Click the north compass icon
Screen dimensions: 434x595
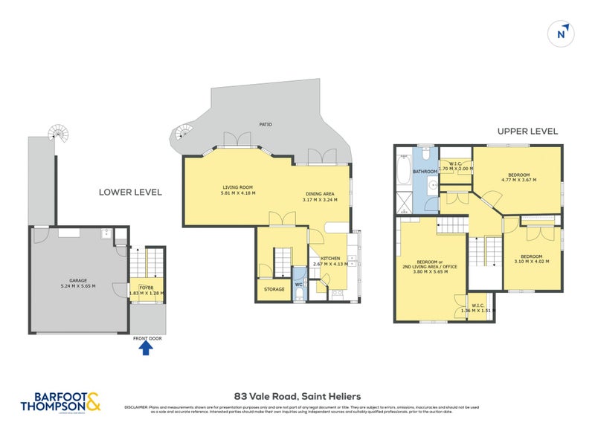click(x=562, y=32)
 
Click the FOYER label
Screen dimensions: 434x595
click(x=146, y=285)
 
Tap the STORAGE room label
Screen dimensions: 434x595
click(x=274, y=289)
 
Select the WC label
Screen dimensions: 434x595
click(x=298, y=283)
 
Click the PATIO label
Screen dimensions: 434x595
click(x=264, y=124)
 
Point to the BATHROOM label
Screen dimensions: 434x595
click(x=425, y=172)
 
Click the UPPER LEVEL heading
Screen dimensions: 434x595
click(x=527, y=132)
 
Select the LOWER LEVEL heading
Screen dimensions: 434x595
click(x=130, y=192)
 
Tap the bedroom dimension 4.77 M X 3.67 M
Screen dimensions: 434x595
click(x=519, y=180)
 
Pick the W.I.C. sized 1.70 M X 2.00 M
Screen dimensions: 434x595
click(x=455, y=169)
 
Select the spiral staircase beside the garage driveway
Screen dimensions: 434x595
click(x=57, y=134)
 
